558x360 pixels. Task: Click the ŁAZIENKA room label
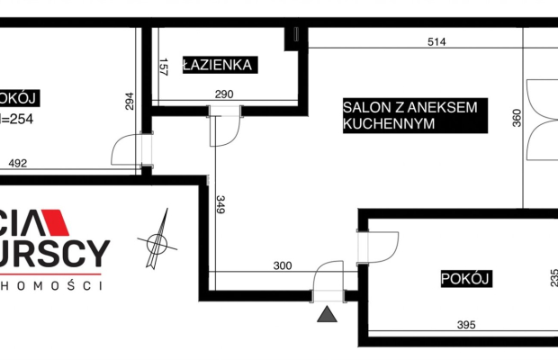coord(220,65)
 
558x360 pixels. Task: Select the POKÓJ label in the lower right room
coord(465,279)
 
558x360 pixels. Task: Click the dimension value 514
coord(436,41)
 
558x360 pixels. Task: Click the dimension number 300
coord(283,266)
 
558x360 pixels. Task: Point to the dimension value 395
coord(464,325)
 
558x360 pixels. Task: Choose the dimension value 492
coord(18,164)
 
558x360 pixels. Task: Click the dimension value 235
coord(553,279)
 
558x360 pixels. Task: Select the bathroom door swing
coord(222,127)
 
